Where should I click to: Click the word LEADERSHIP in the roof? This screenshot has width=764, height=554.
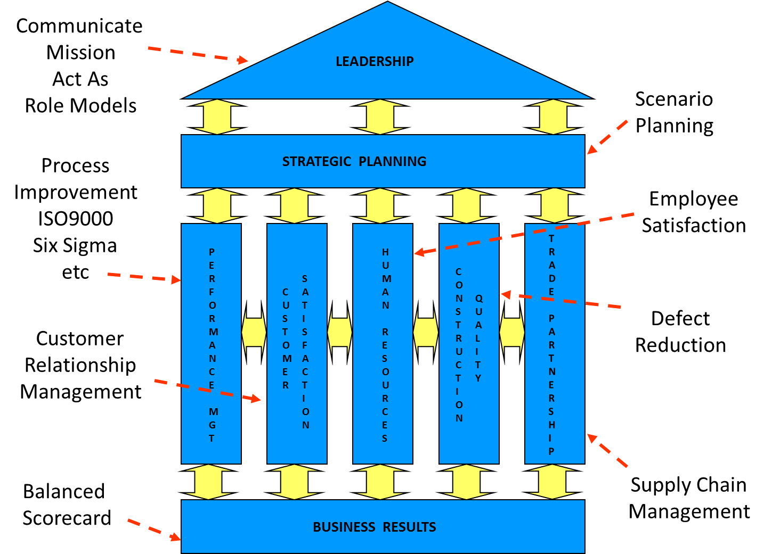click(x=375, y=62)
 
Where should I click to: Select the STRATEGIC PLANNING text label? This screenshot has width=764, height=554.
click(x=354, y=162)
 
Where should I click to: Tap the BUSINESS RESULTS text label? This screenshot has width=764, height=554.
click(x=375, y=527)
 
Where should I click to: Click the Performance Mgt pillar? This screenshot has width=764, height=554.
click(x=212, y=344)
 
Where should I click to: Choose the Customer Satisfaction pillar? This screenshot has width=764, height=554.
click(x=297, y=344)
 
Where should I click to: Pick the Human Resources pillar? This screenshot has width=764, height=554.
click(x=383, y=344)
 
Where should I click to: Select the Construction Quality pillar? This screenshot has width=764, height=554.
click(x=469, y=344)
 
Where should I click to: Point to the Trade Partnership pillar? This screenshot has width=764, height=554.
click(x=555, y=344)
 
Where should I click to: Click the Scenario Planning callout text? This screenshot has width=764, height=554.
click(x=674, y=112)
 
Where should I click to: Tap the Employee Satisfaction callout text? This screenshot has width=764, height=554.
click(x=694, y=212)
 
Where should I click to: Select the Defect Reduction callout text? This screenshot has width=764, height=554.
click(x=680, y=332)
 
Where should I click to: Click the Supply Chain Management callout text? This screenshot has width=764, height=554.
click(x=689, y=498)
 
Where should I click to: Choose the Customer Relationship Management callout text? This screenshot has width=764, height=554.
click(x=80, y=365)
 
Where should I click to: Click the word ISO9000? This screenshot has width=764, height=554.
click(x=76, y=219)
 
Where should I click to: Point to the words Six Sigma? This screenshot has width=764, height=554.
click(x=75, y=245)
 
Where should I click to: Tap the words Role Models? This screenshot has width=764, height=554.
click(x=81, y=106)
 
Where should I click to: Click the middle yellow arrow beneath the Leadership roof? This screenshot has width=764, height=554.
click(x=380, y=117)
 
